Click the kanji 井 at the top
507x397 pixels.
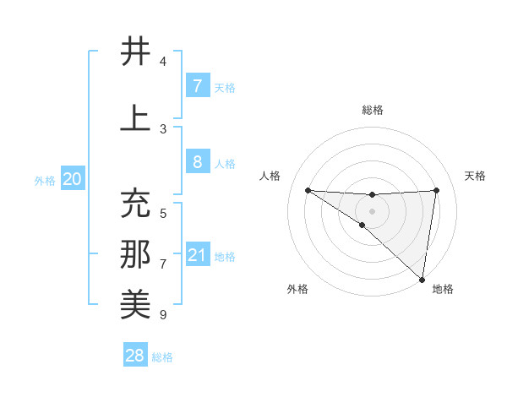click(135, 52)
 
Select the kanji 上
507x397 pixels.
click(135, 119)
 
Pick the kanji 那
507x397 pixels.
click(135, 255)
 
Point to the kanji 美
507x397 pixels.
click(135, 305)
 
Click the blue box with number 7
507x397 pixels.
click(197, 86)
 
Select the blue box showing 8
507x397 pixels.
click(197, 162)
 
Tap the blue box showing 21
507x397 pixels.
click(198, 255)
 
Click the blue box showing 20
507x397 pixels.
click(72, 179)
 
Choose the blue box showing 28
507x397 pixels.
click(135, 356)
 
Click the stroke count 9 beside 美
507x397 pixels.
click(163, 315)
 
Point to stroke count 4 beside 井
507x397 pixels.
click(163, 62)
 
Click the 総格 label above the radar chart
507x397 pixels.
click(373, 110)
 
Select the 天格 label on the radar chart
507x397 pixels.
click(476, 176)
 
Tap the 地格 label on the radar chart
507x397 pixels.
click(443, 289)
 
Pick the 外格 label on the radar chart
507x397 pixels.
click(297, 289)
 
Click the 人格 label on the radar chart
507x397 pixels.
click(270, 176)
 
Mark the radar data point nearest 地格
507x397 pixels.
click(422, 280)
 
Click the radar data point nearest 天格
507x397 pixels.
click(437, 190)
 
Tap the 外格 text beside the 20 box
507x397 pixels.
click(45, 180)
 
